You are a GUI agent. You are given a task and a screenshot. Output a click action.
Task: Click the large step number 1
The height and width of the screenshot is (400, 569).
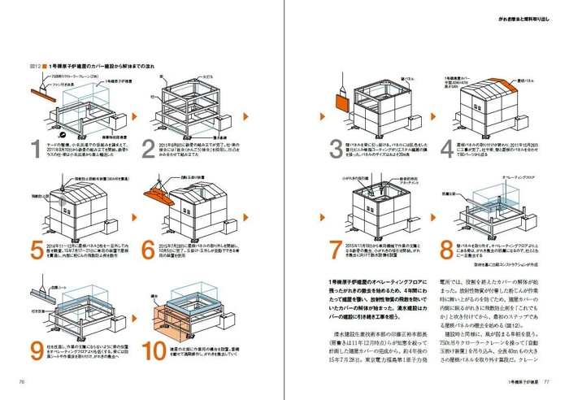tap(33, 148)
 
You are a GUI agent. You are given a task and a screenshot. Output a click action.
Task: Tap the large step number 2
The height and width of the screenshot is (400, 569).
tap(149, 148)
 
